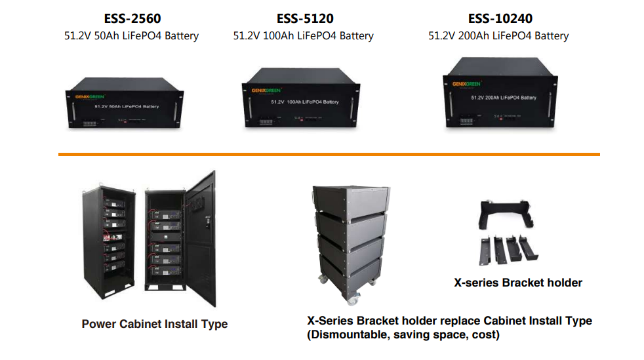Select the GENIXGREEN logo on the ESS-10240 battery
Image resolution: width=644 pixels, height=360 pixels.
point(466,83)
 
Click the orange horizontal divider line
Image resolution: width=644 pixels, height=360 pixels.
point(329,154)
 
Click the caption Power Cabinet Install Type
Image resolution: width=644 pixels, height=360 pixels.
point(155,324)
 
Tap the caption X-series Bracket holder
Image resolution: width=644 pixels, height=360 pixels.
point(518,283)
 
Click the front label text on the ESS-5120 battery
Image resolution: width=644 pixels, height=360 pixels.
point(305,102)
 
